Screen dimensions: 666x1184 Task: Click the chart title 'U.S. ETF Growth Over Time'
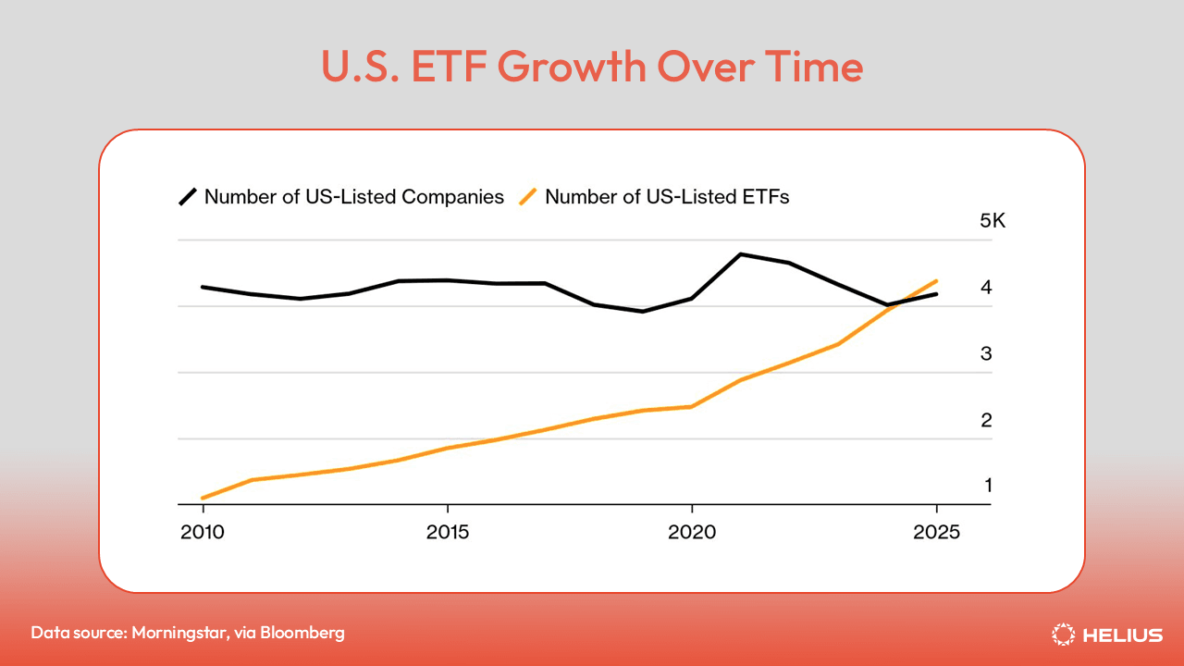592,68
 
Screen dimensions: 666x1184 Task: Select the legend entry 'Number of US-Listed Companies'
353,196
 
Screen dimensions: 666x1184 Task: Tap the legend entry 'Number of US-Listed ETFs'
667,196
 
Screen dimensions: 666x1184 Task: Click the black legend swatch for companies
188,196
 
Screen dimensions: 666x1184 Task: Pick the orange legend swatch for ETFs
528,196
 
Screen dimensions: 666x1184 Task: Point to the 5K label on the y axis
967,221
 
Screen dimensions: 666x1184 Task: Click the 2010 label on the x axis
203,534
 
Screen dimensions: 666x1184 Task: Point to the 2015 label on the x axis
448,534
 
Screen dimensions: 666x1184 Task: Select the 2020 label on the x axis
692,534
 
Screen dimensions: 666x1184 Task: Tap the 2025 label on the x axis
936,534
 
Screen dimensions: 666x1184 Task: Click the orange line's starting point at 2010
203,498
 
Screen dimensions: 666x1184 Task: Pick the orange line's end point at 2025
937,280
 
